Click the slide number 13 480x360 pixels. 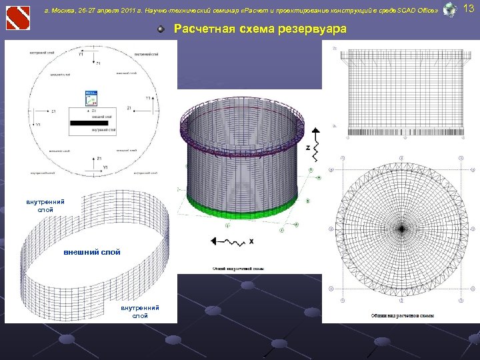468,8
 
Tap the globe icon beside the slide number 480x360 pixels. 450,9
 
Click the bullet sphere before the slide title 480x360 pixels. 161,29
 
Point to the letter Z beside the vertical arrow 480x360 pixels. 307,147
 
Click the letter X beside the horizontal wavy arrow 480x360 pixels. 252,241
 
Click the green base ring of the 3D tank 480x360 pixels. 240,211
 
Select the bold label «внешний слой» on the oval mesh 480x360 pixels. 92,253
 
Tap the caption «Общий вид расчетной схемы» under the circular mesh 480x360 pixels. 403,315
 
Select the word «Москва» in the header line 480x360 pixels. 65,11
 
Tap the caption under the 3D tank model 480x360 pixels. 239,269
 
